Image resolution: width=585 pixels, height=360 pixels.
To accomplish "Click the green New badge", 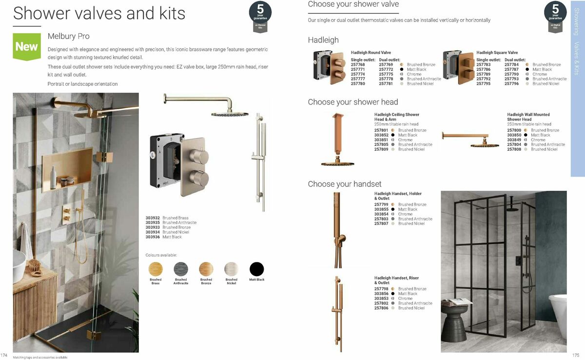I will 27,46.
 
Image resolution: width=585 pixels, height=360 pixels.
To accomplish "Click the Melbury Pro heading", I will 69,36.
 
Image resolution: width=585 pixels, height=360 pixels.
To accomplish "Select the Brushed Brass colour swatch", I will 156,269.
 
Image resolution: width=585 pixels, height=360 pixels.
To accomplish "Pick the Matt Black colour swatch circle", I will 256,269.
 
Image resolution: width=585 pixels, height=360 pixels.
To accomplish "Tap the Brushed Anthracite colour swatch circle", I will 181,269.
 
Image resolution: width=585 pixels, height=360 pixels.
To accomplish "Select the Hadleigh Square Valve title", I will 497,53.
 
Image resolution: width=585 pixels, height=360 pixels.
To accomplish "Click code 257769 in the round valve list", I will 386,64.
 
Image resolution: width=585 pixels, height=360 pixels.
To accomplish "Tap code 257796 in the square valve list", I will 512,83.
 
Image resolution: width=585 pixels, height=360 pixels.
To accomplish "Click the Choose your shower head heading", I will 353,102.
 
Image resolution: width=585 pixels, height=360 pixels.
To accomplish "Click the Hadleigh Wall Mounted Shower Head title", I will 528,117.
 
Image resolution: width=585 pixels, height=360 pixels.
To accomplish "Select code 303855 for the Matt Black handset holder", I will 381,209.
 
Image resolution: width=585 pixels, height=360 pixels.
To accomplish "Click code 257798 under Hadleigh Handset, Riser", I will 381,289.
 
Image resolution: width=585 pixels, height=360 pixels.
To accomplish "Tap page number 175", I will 576,355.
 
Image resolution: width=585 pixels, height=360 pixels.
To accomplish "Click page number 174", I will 4,355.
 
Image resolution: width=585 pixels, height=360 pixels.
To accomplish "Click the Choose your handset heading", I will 345,184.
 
